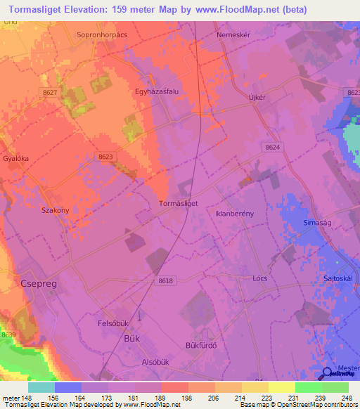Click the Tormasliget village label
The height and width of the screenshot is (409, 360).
click(179, 202)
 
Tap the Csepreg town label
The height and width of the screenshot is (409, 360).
click(34, 284)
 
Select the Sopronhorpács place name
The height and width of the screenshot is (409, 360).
click(103, 34)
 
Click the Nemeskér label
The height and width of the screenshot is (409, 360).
click(233, 34)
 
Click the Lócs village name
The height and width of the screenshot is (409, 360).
click(260, 278)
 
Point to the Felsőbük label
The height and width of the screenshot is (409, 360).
click(113, 324)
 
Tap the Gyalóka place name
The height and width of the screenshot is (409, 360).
click(14, 159)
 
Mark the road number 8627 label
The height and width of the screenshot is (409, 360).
click(49, 92)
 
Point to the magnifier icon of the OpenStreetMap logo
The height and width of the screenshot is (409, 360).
click(327, 373)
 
